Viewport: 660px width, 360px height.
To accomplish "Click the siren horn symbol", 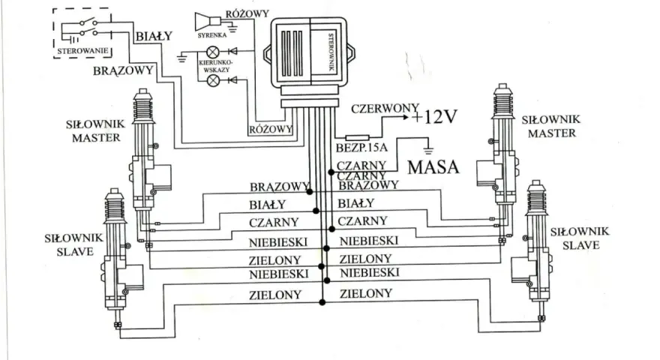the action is (x=208, y=22).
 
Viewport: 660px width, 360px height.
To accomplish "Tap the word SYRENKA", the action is (x=212, y=35).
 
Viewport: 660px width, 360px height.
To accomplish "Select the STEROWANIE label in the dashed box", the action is (x=82, y=51).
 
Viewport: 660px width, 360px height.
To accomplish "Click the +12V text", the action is (x=434, y=117).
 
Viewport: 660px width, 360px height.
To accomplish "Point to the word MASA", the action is (x=433, y=167).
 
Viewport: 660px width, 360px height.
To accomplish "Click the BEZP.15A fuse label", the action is (x=361, y=148).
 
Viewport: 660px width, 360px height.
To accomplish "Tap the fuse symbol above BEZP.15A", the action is (x=357, y=138).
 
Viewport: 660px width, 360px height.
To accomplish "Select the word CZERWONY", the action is (x=385, y=109).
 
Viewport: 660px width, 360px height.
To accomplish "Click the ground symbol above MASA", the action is (x=428, y=149).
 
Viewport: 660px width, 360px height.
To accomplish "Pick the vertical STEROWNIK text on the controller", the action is (x=331, y=52).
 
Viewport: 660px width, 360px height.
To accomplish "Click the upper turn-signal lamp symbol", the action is (x=213, y=52).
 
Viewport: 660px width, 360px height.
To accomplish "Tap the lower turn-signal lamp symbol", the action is (x=214, y=80).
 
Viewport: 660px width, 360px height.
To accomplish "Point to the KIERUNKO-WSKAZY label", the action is (x=216, y=66).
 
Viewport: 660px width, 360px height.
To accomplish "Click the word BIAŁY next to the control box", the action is (x=154, y=36).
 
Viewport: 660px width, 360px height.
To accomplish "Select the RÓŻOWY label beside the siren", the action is (x=247, y=14).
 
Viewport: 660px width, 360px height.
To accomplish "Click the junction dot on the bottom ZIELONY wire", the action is (x=322, y=302).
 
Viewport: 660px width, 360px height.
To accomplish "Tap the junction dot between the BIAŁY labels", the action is (x=316, y=211).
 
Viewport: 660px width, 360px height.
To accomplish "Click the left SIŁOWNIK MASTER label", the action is (x=95, y=131).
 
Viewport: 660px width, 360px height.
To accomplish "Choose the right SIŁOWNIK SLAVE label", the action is (x=580, y=238).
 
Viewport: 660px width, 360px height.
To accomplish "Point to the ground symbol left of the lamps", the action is (x=181, y=58).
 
